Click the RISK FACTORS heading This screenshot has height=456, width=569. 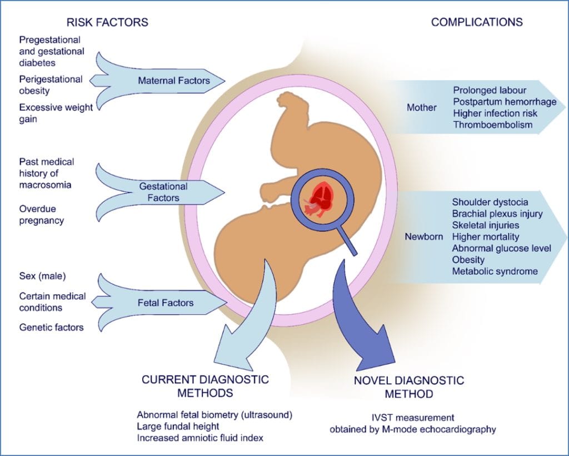point(107,22)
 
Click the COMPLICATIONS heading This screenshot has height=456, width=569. point(477,22)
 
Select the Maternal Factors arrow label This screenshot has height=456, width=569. point(174,81)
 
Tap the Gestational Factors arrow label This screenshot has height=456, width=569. point(163,191)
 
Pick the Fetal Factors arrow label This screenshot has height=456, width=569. point(166,303)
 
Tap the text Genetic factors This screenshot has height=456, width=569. point(51,328)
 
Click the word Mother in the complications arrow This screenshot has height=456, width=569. point(422,107)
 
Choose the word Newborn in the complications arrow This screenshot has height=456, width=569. point(425,237)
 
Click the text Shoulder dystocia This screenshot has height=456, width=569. point(490,202)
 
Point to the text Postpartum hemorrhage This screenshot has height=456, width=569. point(505,102)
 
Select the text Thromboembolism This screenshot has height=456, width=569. point(492,125)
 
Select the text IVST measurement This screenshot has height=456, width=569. point(408,417)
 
